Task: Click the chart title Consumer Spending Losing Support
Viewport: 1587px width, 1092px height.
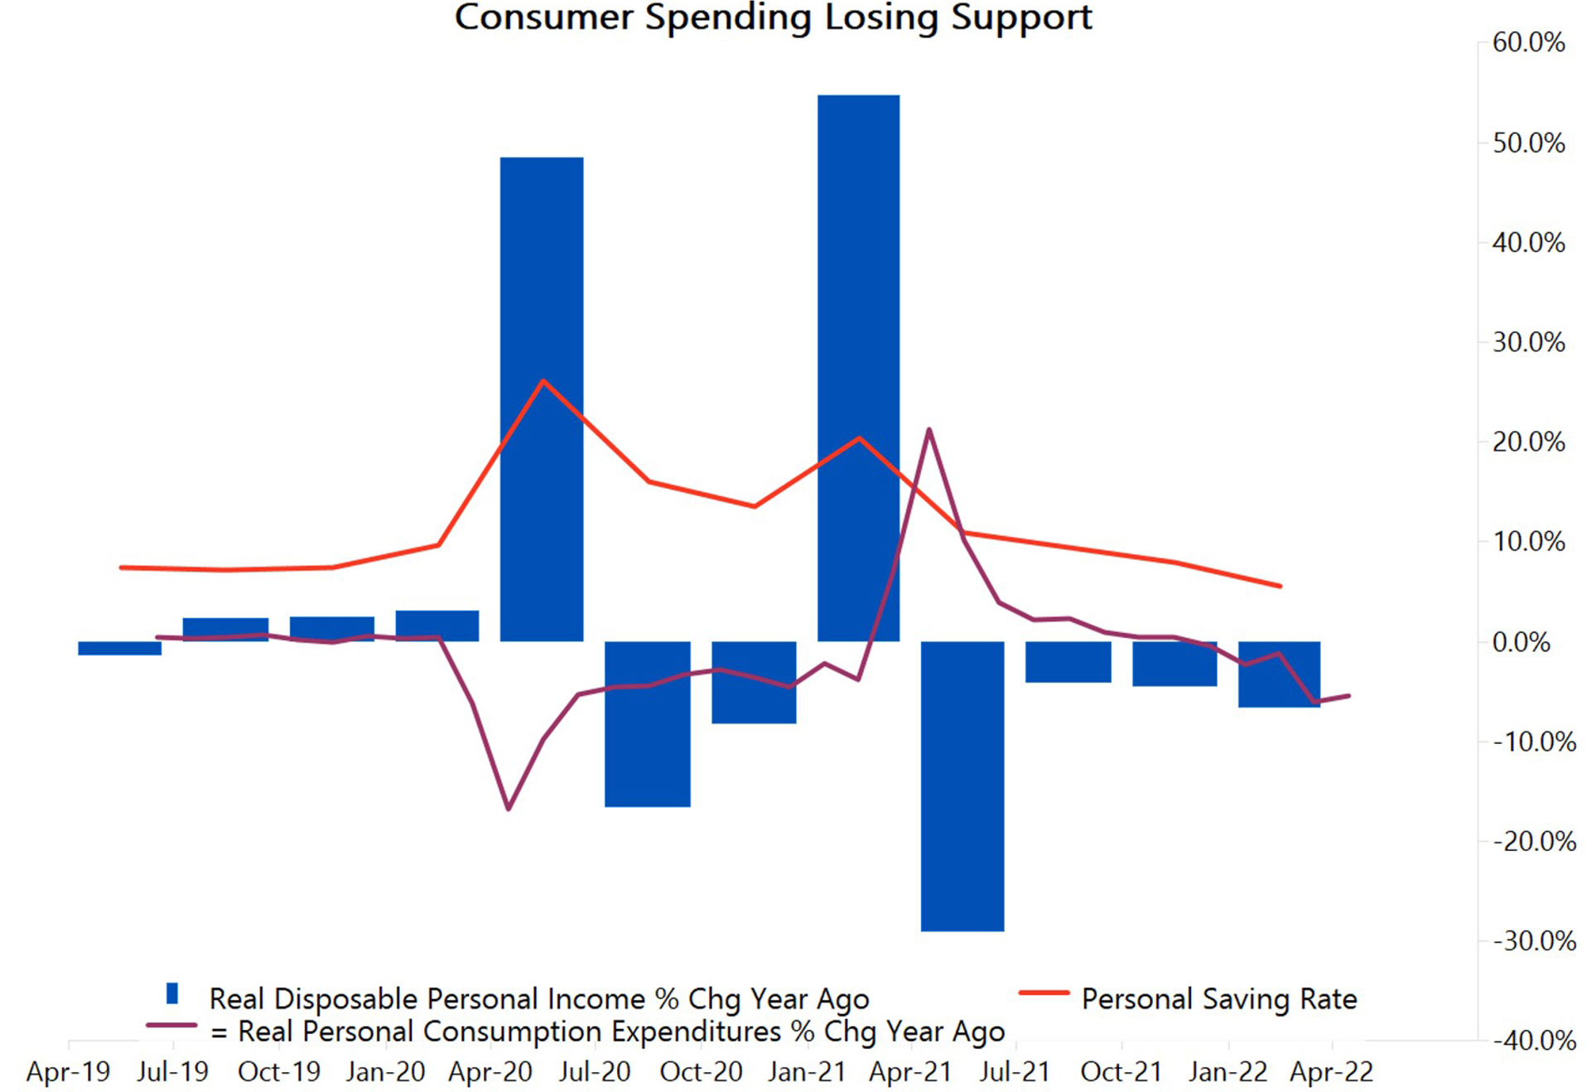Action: (774, 17)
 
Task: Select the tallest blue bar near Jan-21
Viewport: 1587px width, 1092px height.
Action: (858, 368)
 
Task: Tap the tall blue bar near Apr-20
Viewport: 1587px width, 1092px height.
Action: (542, 399)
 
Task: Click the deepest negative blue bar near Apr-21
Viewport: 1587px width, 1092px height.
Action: (962, 786)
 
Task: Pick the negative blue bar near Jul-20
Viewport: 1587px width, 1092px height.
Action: (648, 723)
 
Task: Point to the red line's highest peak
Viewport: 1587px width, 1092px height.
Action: (543, 380)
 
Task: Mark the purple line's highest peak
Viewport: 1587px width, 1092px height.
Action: (929, 429)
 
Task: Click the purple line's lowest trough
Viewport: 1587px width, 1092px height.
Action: (508, 809)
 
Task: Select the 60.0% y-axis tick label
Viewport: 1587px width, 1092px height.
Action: (1528, 42)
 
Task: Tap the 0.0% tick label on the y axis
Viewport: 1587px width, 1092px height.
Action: (1521, 642)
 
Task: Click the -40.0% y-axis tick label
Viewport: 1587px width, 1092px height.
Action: (1534, 1041)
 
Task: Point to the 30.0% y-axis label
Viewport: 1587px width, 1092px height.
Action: (1528, 342)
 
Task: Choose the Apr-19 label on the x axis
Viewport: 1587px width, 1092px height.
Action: (68, 1072)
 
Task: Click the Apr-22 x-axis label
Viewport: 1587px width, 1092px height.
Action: (1332, 1072)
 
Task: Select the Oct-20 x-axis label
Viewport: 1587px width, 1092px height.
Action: (701, 1072)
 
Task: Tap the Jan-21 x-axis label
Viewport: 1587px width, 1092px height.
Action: (807, 1072)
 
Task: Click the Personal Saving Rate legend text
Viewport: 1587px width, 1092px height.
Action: (1219, 999)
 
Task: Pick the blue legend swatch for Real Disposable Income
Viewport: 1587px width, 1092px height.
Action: (172, 993)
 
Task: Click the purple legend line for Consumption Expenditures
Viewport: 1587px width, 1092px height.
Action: (171, 1026)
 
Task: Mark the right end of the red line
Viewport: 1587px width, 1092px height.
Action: (1281, 586)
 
